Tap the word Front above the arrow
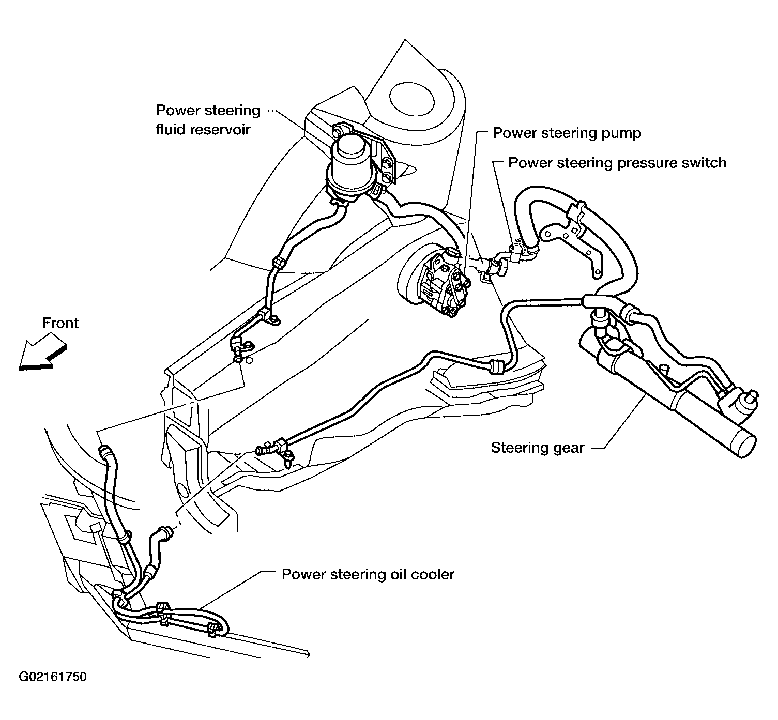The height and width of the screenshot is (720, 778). [x=60, y=323]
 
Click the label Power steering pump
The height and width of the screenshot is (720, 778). [x=567, y=133]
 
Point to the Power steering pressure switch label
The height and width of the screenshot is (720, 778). [x=617, y=163]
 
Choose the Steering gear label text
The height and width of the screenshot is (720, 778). [x=538, y=448]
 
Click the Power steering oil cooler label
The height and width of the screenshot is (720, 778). [x=368, y=574]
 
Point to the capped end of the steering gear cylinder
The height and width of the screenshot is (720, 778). [x=740, y=442]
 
